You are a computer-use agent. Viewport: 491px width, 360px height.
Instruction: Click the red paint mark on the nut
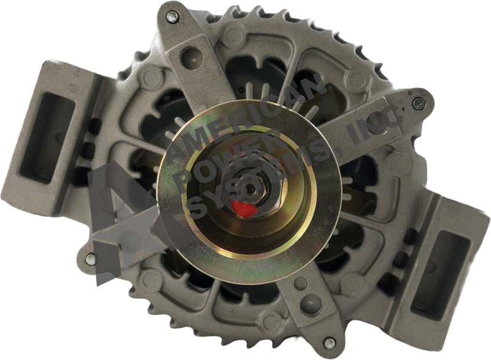click(243, 209)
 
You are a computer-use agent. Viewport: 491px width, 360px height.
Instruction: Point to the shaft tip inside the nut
click(251, 188)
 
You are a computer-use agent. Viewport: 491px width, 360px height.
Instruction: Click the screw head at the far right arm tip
click(417, 104)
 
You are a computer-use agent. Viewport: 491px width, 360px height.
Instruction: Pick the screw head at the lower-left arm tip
click(90, 258)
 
